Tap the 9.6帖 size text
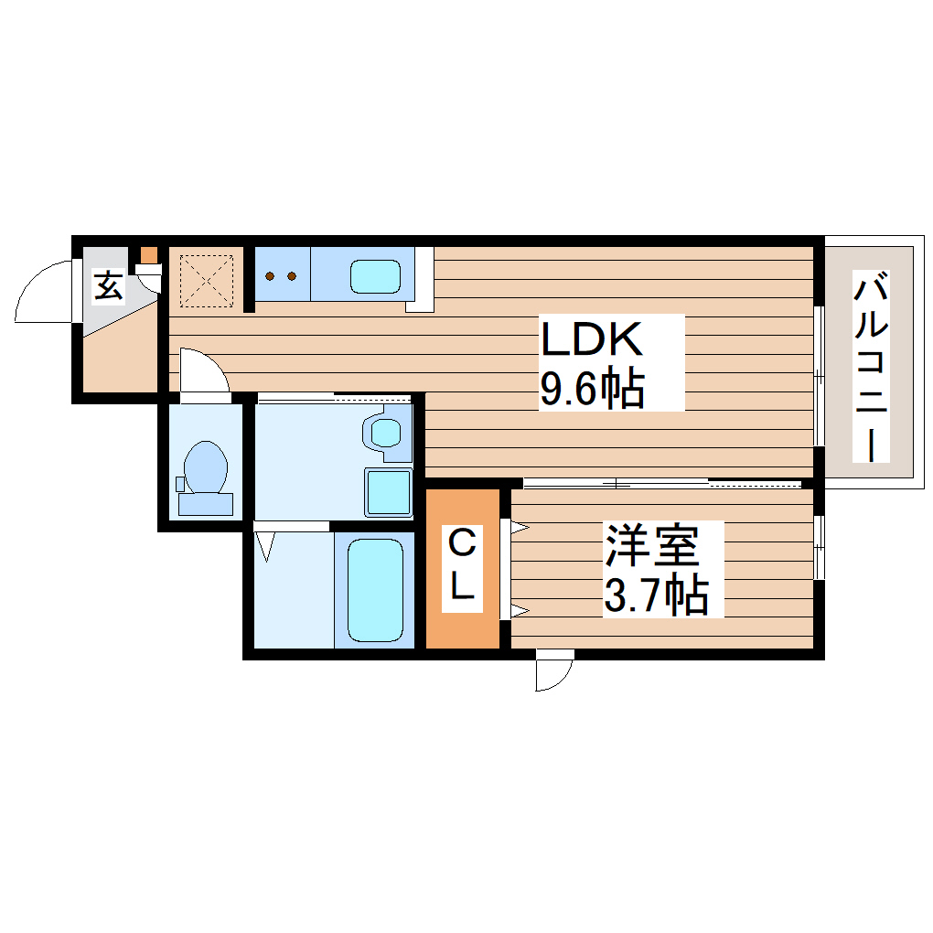point(593,390)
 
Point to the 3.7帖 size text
point(655,596)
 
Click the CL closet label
point(462,568)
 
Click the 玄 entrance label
point(108,286)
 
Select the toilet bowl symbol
point(206,466)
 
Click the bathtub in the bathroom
point(375,590)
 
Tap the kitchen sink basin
point(375,276)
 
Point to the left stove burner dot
point(272,274)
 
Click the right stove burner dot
point(292,274)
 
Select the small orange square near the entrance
point(148,254)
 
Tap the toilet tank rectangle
point(206,504)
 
